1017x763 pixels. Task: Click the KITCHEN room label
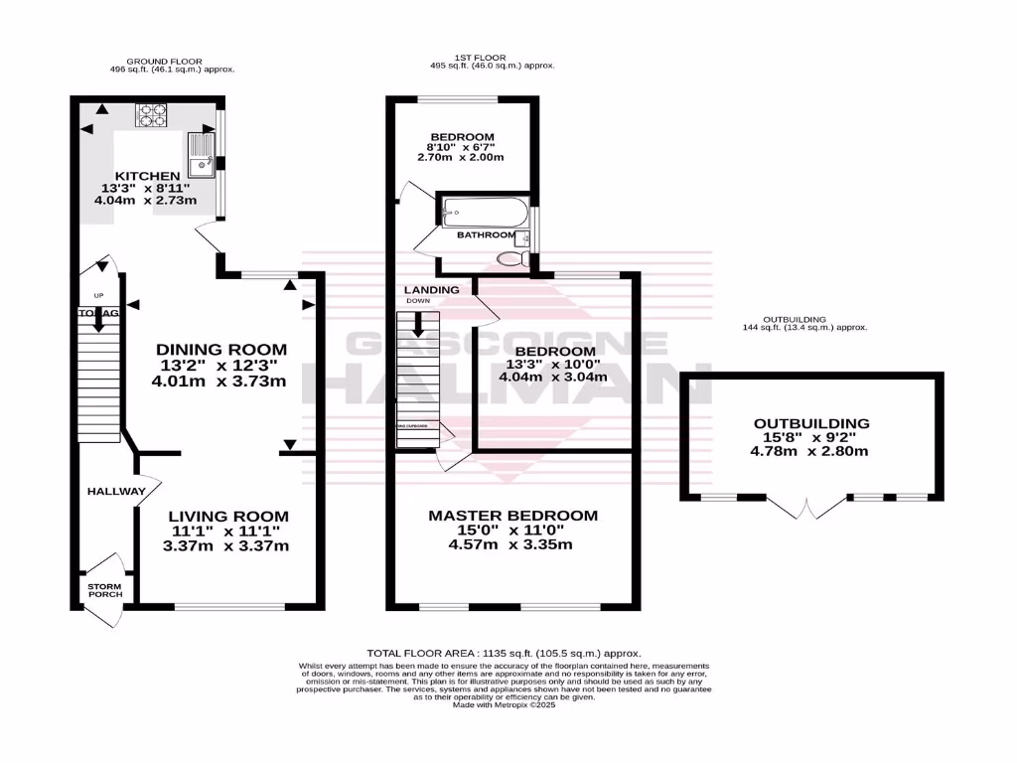tap(146, 176)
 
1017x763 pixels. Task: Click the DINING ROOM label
tap(221, 350)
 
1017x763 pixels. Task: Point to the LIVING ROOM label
tap(227, 517)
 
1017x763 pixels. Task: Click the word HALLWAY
tap(116, 492)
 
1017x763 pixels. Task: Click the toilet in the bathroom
tap(511, 258)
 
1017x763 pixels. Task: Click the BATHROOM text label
tap(486, 235)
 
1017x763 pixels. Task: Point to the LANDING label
tap(431, 290)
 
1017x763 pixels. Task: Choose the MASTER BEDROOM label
tap(512, 516)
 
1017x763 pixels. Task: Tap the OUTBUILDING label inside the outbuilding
tap(810, 423)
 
